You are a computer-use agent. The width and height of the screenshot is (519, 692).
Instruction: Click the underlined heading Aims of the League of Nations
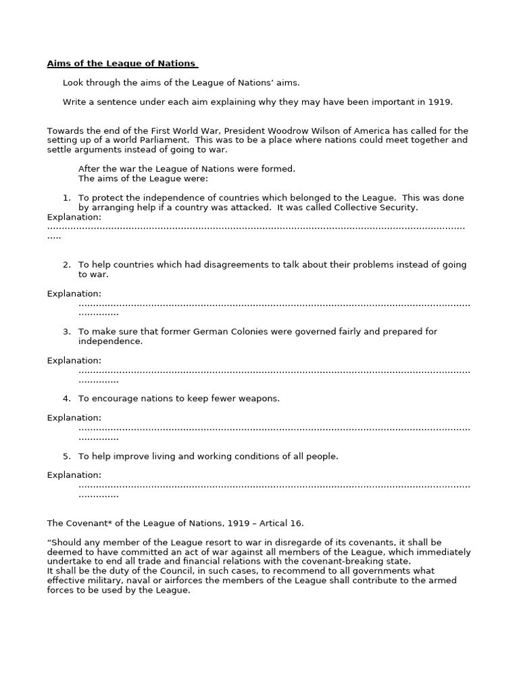click(x=122, y=64)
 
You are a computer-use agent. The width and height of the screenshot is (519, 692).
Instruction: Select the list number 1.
click(x=66, y=198)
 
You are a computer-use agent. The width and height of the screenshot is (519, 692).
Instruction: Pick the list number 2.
click(x=66, y=265)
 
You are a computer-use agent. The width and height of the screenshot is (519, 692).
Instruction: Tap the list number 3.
click(x=66, y=332)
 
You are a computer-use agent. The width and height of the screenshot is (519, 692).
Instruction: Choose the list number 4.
click(x=66, y=399)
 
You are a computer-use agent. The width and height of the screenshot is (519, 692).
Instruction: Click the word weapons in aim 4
click(x=259, y=399)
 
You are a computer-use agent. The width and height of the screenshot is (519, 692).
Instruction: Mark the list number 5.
click(x=66, y=457)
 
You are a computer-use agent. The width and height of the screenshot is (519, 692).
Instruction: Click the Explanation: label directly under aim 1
click(x=74, y=217)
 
